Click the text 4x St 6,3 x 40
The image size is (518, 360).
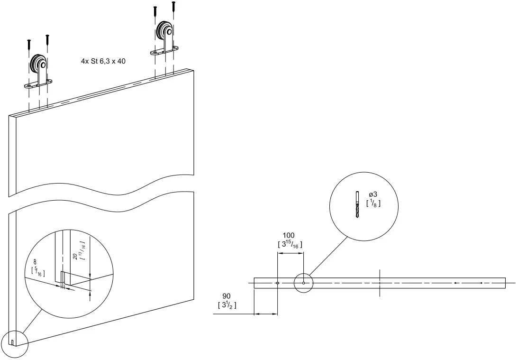pos(103,61)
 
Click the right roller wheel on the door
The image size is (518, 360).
pos(164,32)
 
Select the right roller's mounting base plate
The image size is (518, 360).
pos(165,51)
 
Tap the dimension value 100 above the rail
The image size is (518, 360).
pos(289,235)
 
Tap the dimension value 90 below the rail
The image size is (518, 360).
pos(226,296)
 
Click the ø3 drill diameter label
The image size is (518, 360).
pos(373,195)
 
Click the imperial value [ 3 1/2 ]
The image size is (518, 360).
pos(227,305)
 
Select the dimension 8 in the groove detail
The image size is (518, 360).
pos(35,261)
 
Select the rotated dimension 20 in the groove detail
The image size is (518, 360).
pos(75,257)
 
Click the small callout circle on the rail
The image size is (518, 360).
pos(303,283)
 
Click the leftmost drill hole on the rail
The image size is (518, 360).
pos(277,283)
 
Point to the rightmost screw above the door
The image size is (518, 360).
pos(174,7)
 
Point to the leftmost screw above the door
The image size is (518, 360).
pos(29,44)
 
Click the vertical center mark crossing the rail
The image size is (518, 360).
pos(380,283)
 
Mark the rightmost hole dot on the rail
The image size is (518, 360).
pos(481,283)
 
